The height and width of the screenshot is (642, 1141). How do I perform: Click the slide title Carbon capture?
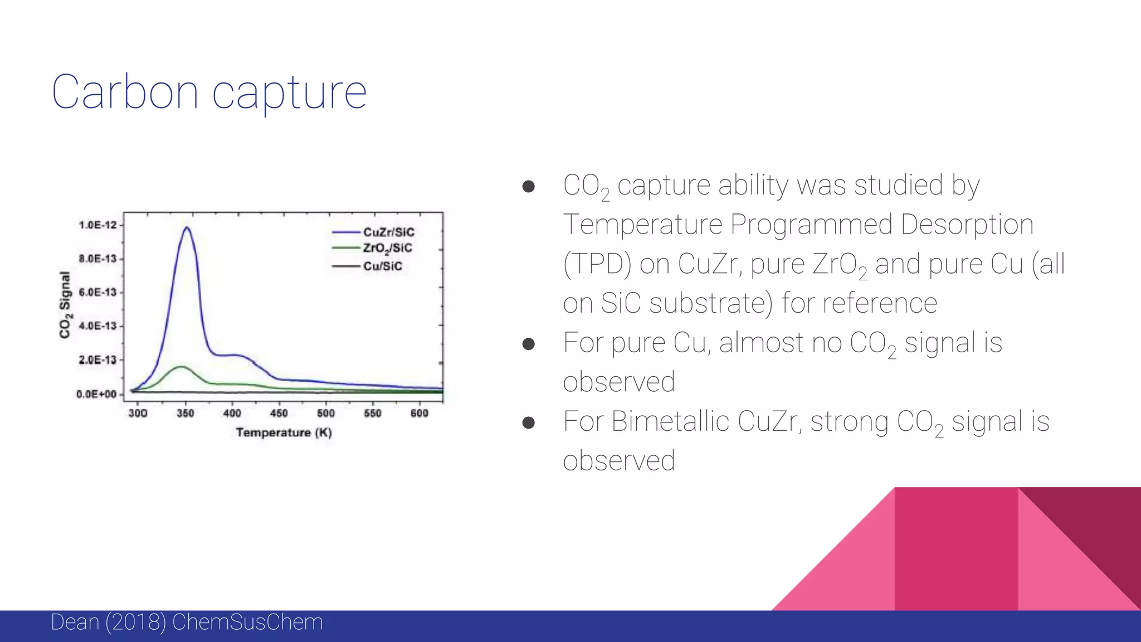tap(209, 92)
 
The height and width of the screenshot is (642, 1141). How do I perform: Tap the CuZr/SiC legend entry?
tap(388, 232)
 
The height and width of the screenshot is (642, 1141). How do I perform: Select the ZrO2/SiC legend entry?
tap(387, 248)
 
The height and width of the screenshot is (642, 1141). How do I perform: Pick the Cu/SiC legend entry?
tap(382, 266)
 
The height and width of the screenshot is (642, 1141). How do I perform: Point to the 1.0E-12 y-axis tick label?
tap(98, 225)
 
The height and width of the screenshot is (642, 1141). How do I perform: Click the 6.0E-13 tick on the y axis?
tap(98, 293)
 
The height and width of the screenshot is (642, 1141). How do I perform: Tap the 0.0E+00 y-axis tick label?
tap(97, 394)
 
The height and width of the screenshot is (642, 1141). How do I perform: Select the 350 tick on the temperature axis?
tap(185, 413)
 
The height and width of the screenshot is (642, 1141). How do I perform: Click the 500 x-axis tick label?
tap(326, 413)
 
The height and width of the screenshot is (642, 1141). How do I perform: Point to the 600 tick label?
tap(419, 413)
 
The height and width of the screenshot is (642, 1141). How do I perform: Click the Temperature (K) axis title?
tap(284, 432)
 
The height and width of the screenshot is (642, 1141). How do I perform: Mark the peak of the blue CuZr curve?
tap(187, 227)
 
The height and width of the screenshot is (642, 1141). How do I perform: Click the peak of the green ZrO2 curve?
tap(182, 367)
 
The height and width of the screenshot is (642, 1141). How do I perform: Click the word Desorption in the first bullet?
tap(967, 225)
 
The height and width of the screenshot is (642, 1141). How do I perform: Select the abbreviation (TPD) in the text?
tap(597, 264)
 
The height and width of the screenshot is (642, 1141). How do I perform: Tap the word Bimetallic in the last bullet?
tap(670, 421)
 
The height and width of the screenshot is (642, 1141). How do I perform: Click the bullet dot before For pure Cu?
tap(528, 344)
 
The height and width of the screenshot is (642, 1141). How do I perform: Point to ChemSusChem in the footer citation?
tap(247, 622)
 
